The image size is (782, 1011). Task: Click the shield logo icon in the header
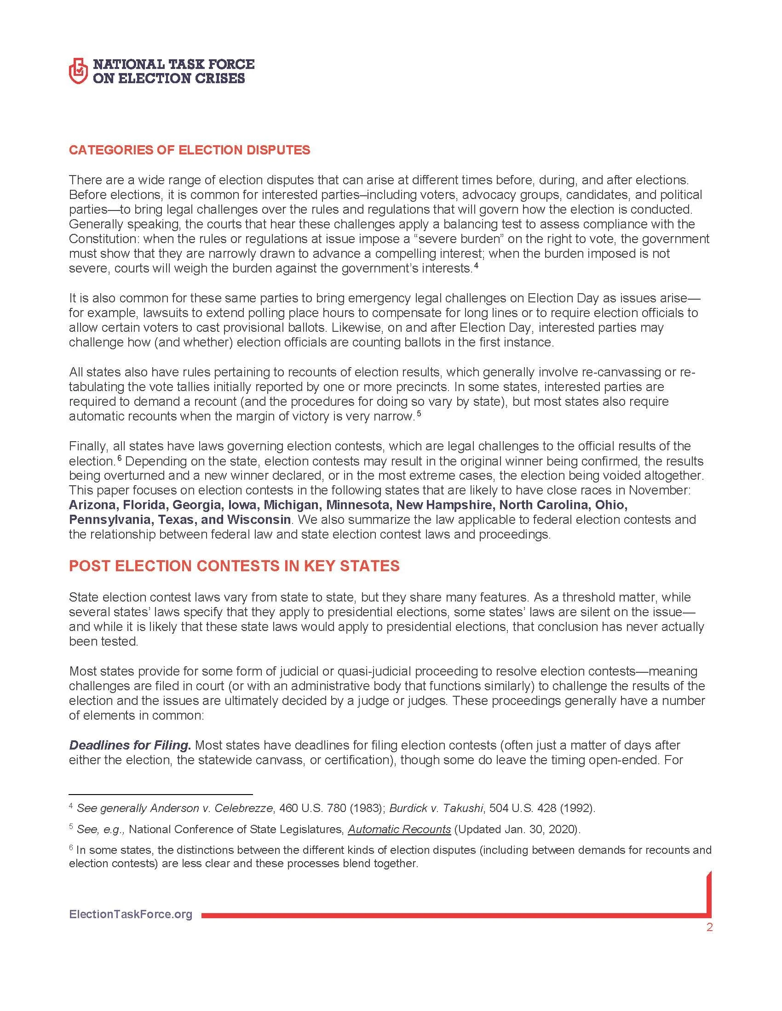(x=77, y=71)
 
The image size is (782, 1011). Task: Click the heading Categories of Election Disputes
(x=190, y=150)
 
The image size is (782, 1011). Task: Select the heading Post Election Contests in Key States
(x=234, y=566)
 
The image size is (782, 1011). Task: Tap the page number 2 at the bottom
(x=709, y=927)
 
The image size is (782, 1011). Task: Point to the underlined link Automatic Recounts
(x=399, y=829)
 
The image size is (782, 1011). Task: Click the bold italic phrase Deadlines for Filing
(x=130, y=745)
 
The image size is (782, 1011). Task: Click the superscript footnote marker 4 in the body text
(x=476, y=266)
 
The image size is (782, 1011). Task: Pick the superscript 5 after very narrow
(x=418, y=414)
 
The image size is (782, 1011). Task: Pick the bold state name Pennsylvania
(x=109, y=519)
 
